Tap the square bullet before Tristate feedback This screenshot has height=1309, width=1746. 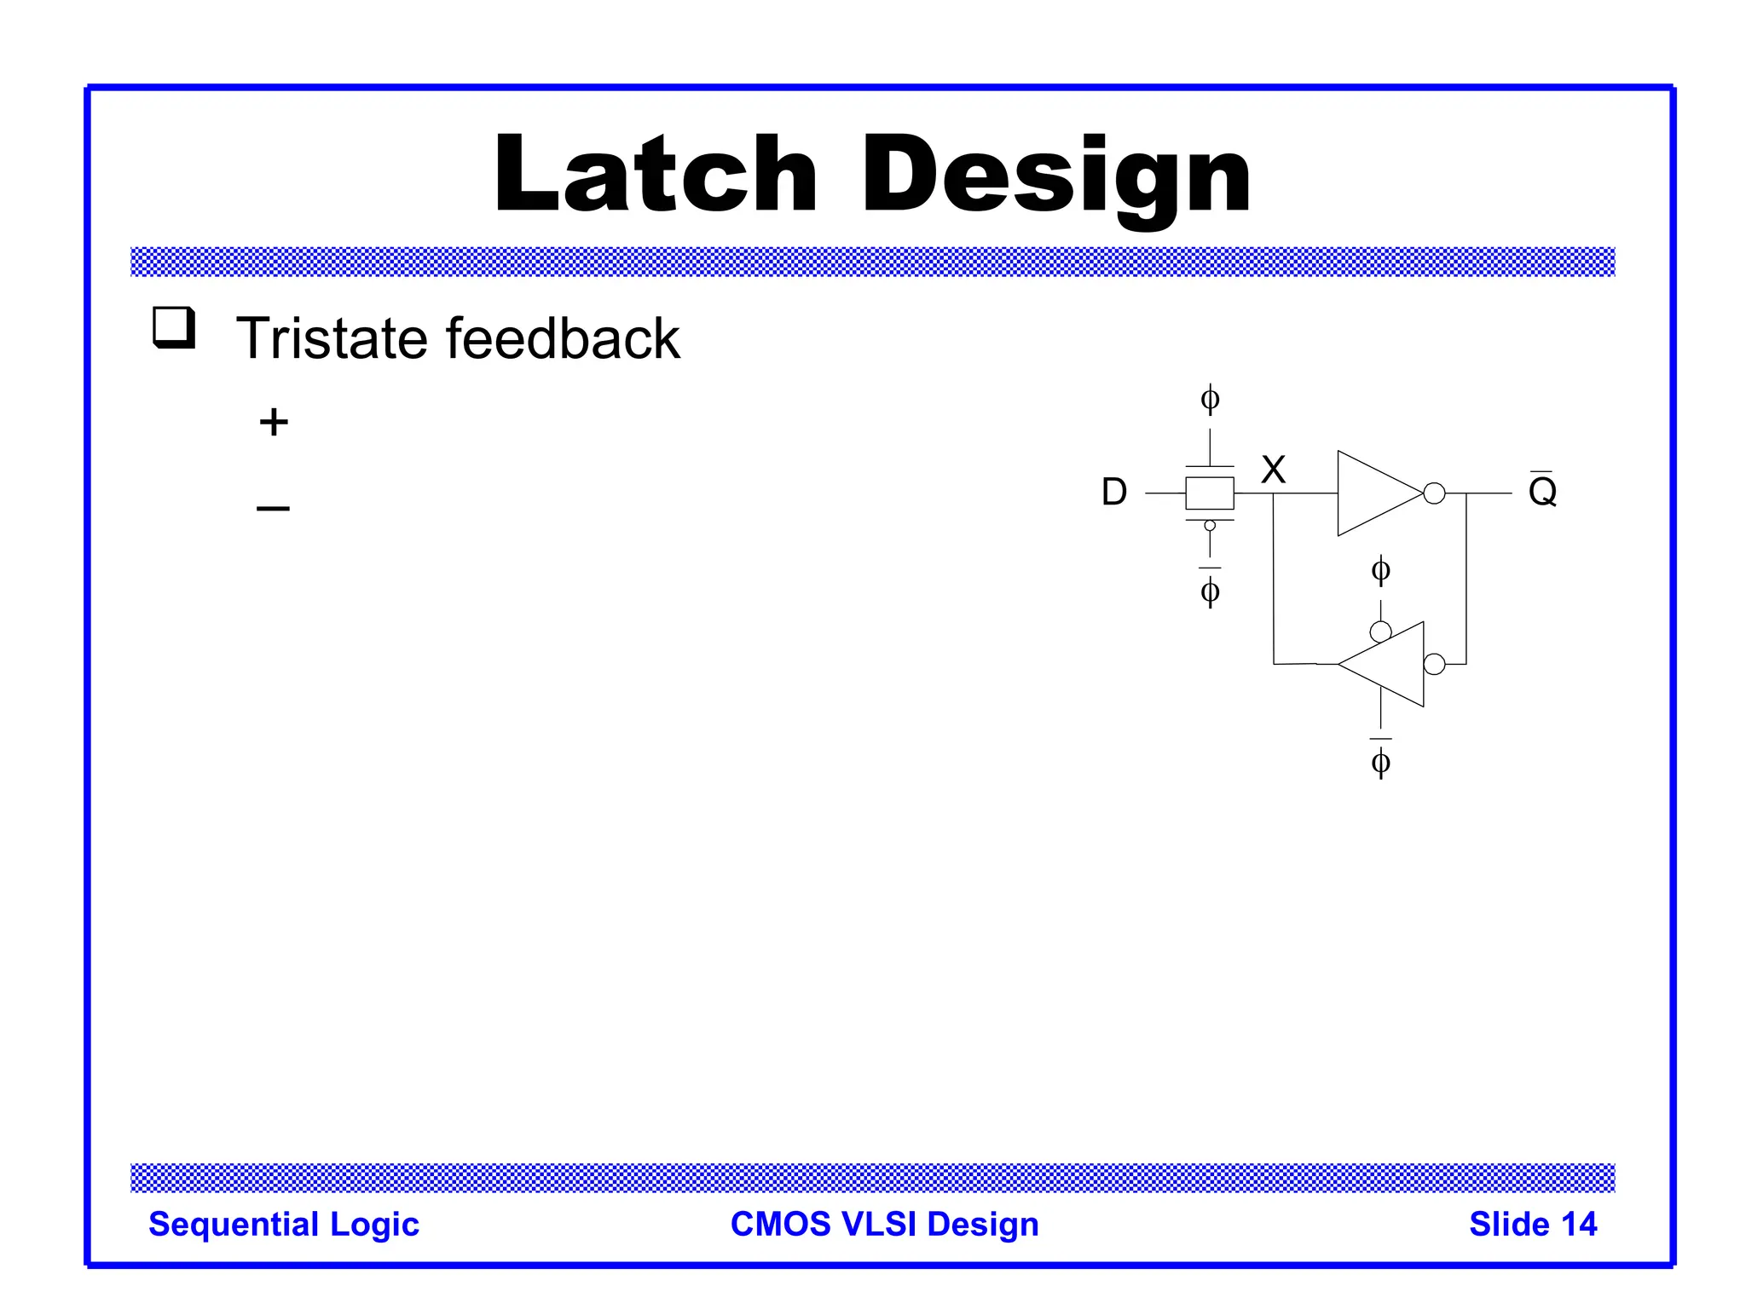(x=174, y=328)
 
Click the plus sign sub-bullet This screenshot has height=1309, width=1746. (x=274, y=422)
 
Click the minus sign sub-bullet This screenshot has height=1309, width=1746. (x=273, y=509)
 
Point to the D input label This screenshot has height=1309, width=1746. (x=1113, y=492)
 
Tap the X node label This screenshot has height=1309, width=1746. (x=1273, y=470)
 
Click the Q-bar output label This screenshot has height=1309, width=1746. (x=1542, y=490)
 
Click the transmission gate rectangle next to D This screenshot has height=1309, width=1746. (x=1209, y=493)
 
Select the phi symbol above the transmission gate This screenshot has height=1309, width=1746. (x=1210, y=399)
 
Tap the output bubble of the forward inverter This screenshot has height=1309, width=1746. (x=1434, y=493)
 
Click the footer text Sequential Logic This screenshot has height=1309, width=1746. (x=284, y=1224)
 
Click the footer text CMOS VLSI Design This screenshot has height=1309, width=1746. (x=884, y=1224)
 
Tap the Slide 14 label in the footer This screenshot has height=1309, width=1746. (x=1532, y=1224)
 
